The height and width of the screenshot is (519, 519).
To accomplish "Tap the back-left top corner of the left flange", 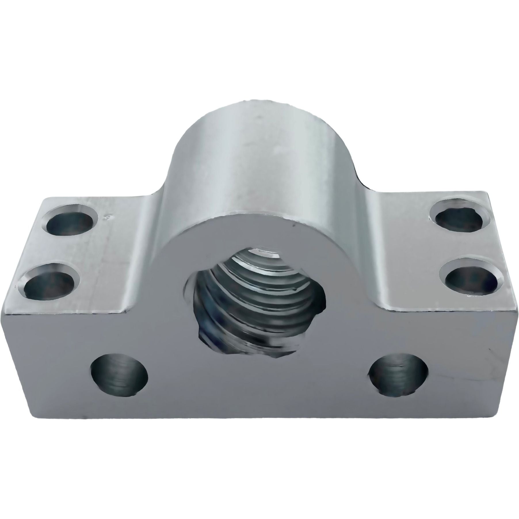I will tap(43, 199).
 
